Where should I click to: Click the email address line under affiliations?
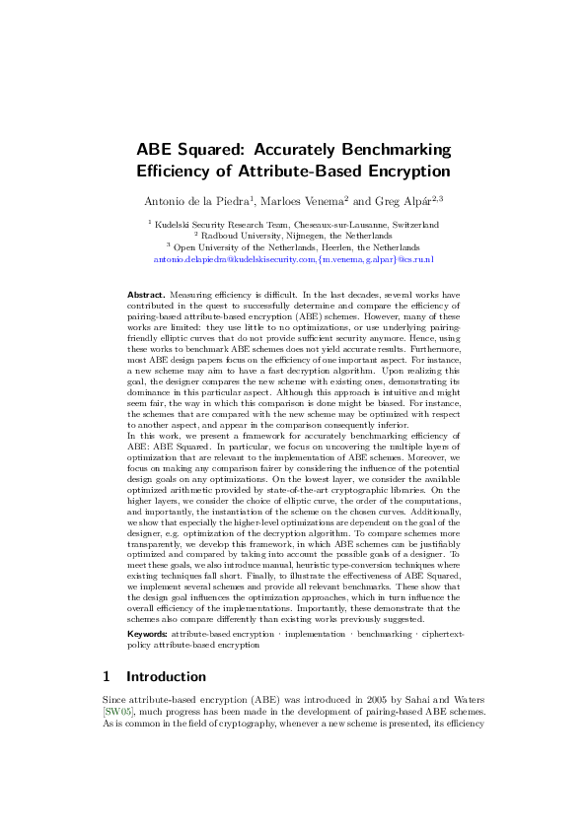pos(293,260)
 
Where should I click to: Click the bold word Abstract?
pos(147,295)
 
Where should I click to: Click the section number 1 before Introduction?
pos(108,676)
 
